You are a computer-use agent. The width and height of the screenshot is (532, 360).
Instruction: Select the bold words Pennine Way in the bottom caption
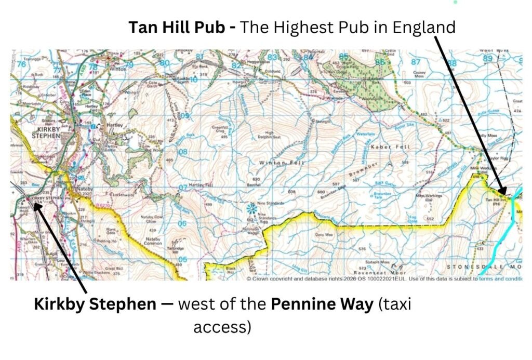coord(322,304)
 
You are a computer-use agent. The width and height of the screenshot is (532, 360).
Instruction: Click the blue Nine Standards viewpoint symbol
coord(252,208)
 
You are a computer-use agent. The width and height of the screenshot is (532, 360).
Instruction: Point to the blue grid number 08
coord(182,152)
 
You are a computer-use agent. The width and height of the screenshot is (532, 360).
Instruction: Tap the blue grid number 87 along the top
coord(416,62)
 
